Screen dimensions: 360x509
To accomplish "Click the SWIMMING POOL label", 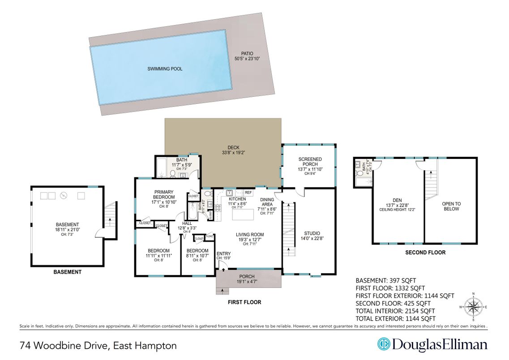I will (x=165, y=69).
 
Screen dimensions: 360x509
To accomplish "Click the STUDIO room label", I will (x=312, y=233).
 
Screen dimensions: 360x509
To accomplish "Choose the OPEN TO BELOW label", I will (x=451, y=206).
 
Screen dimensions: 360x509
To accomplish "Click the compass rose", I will (x=473, y=307).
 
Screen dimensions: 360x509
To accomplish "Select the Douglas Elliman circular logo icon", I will (x=384, y=344).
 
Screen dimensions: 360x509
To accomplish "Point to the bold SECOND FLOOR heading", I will (x=425, y=253).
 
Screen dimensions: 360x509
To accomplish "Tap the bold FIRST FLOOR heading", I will (x=244, y=302).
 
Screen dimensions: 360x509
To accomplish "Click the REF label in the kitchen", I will (x=248, y=193).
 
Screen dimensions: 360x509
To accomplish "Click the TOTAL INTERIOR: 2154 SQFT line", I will (x=395, y=311).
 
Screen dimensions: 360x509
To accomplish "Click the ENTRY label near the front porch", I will (x=223, y=254).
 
